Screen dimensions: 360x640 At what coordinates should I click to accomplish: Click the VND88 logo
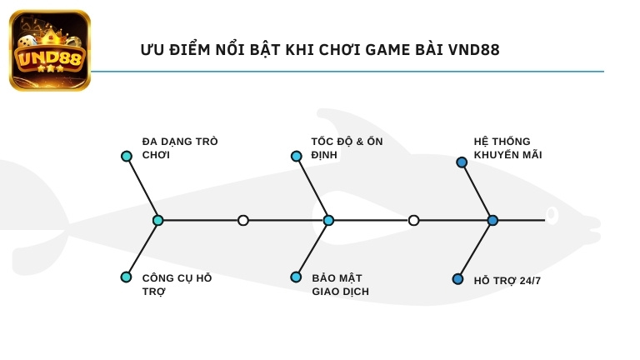49,50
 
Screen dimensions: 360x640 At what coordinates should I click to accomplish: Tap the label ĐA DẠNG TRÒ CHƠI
180,148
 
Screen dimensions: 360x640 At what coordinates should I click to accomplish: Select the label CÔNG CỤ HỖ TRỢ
177,285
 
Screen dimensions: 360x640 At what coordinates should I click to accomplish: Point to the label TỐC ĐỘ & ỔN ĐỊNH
347,148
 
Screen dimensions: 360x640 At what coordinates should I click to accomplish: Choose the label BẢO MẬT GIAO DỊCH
340,285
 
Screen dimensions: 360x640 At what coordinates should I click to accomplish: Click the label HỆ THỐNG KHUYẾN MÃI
507,148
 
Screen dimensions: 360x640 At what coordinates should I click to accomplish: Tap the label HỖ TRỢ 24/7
507,281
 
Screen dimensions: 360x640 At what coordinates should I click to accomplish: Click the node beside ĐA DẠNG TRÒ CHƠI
127,156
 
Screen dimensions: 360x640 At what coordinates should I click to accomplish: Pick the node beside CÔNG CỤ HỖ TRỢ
126,277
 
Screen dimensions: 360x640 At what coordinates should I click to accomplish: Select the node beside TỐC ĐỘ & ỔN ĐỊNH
296,156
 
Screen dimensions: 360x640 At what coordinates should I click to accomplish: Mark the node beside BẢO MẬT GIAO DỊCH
296,277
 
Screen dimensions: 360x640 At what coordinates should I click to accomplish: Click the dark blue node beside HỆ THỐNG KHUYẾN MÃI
462,162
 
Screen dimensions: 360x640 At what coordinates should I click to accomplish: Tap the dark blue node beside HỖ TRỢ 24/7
457,279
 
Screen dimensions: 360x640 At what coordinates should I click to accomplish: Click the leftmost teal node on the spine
158,220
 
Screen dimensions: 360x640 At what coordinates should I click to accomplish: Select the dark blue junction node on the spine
492,220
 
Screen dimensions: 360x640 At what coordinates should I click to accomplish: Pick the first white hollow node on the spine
243,220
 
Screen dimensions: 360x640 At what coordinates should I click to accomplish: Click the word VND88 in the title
473,50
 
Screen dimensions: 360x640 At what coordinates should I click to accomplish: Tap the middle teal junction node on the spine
328,220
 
